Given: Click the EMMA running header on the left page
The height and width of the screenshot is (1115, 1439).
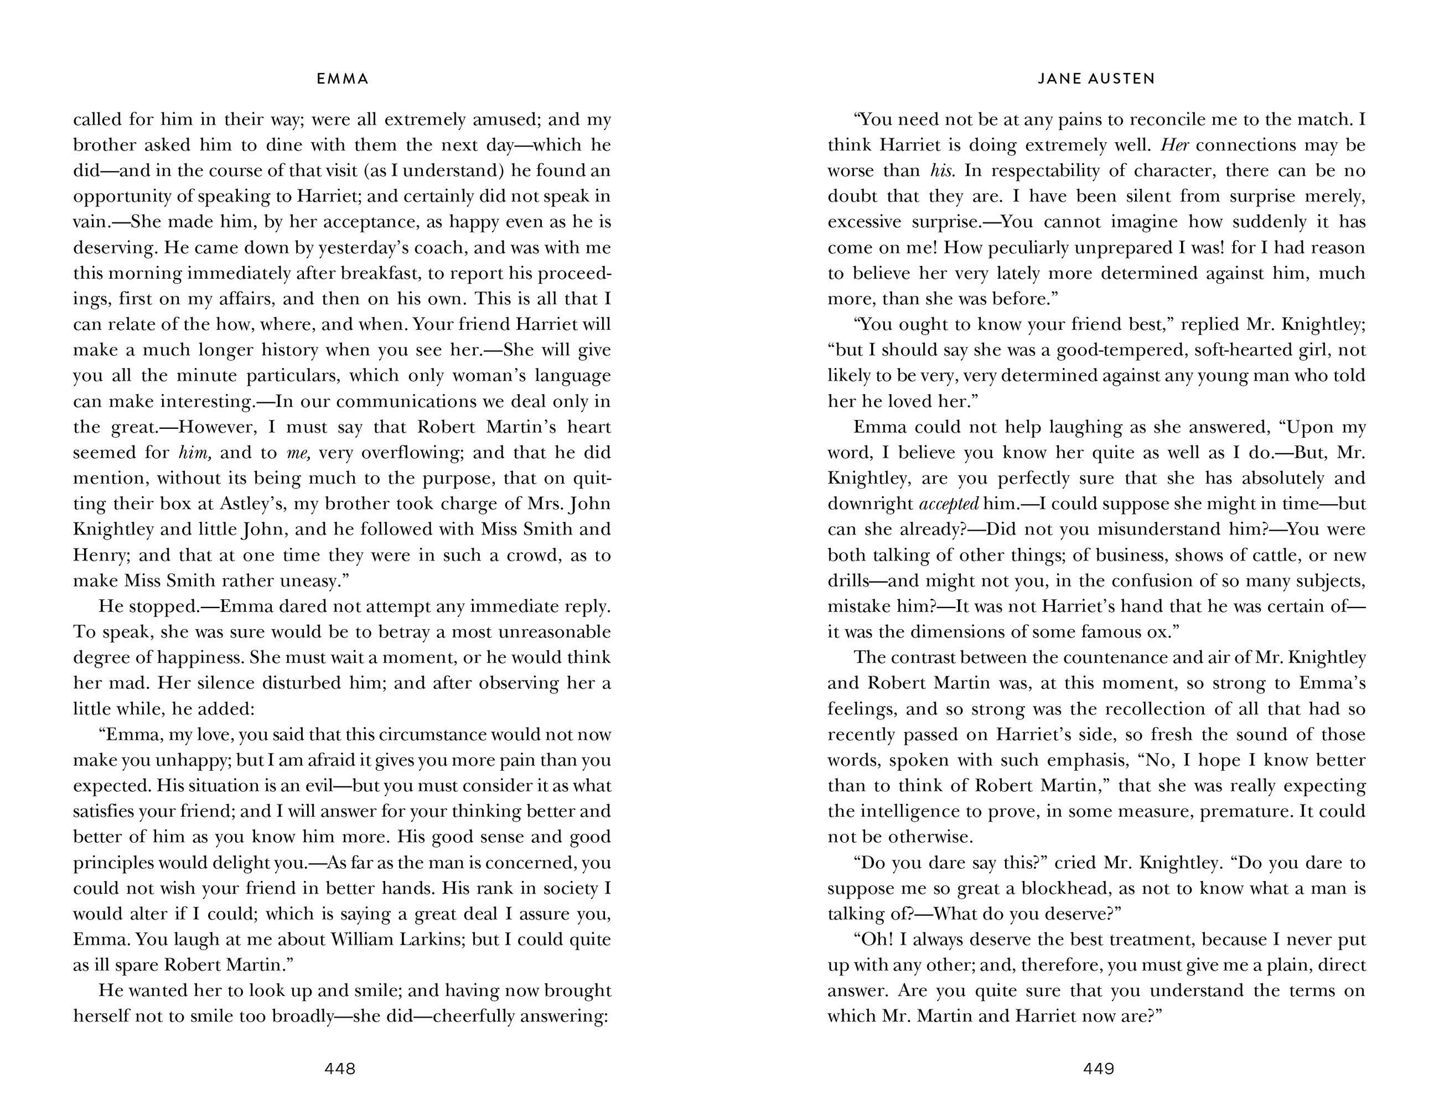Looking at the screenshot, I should [343, 79].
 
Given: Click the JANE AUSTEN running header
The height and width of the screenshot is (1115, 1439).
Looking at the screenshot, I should [1096, 79].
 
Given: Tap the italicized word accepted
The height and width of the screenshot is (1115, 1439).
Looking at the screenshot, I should [948, 504].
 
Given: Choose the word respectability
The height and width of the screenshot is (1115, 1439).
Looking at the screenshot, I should [1050, 170].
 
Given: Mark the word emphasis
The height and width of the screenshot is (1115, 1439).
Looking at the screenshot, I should [1084, 760].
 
